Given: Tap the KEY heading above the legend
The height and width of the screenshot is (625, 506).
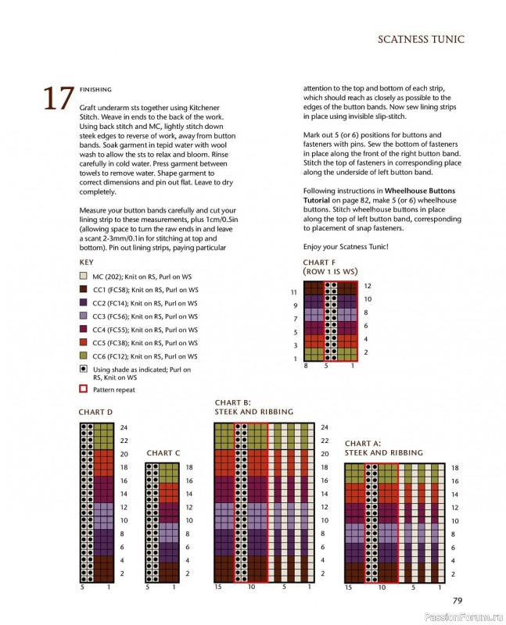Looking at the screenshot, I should click(86, 262).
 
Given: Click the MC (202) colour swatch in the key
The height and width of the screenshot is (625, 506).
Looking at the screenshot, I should click(83, 277).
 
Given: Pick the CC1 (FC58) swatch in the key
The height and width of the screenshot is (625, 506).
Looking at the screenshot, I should click(83, 290).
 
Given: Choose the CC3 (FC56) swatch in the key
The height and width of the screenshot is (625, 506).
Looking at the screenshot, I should click(83, 316).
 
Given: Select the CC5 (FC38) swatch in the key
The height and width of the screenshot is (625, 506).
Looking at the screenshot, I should click(83, 343).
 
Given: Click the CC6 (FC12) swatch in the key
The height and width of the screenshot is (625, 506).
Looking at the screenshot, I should click(83, 356).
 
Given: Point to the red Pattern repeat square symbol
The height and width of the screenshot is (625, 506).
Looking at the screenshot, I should click(83, 388).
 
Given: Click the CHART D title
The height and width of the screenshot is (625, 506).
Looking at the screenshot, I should click(95, 412).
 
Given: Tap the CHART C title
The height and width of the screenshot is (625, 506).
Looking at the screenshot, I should click(163, 453).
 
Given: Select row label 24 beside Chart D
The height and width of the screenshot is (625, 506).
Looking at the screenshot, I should click(124, 428).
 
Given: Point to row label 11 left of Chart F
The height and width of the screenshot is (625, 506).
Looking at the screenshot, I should click(293, 292).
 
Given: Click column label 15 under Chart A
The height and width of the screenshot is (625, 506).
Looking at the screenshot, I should click(348, 587).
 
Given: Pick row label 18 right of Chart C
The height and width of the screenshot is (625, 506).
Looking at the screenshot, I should click(188, 468).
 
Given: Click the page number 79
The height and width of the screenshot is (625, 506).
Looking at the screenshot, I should click(458, 601).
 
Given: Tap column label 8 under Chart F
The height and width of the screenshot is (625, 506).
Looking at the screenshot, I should click(305, 366).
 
